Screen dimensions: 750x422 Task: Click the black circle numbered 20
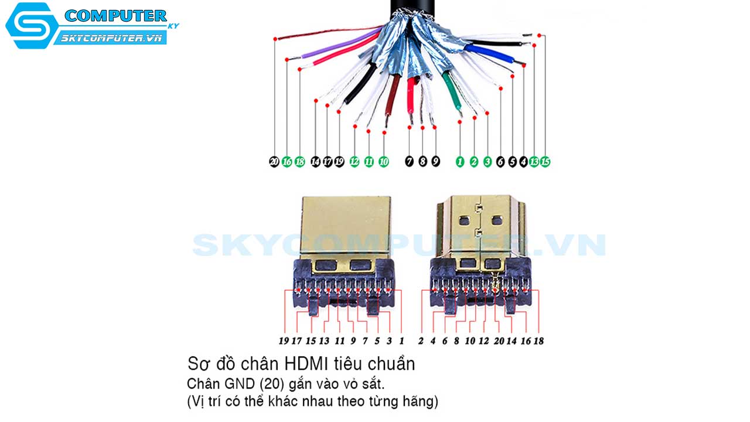[x=274, y=162]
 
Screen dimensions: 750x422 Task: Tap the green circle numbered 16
[x=287, y=162]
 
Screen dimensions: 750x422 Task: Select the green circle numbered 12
[x=354, y=162]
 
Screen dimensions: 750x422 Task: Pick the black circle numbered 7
[x=409, y=162]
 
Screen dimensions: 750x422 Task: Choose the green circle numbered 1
[x=460, y=162]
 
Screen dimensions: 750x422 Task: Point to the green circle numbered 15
[x=545, y=162]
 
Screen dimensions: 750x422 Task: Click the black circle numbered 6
[x=500, y=162]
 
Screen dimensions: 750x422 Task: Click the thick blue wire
[x=489, y=53]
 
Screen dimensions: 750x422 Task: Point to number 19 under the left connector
[x=284, y=341]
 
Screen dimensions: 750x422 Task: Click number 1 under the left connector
[x=401, y=341]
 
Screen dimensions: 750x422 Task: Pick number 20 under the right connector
[x=499, y=341]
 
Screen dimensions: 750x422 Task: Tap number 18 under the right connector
[x=538, y=341]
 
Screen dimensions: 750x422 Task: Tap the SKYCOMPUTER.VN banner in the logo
[x=111, y=38]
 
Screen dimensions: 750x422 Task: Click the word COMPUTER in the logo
[x=115, y=16]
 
